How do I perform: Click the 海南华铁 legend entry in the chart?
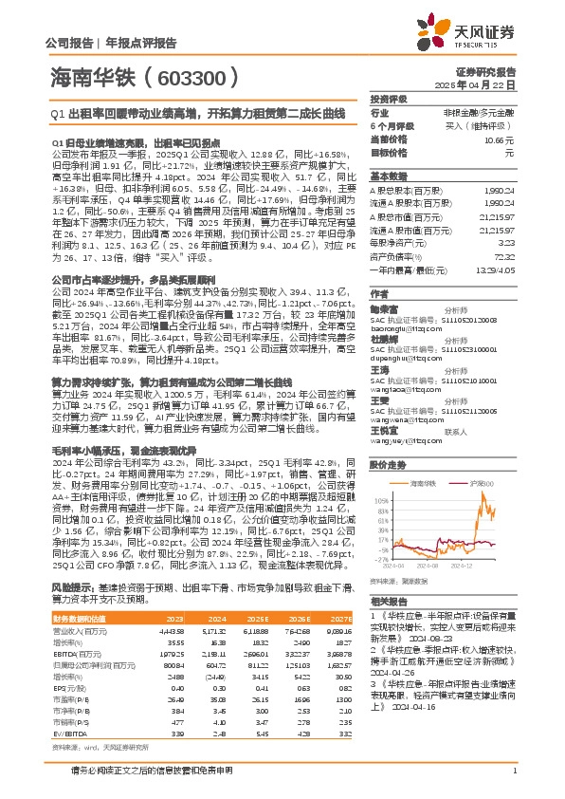pyautogui.click(x=424, y=456)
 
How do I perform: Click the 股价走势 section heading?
pyautogui.click(x=388, y=439)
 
